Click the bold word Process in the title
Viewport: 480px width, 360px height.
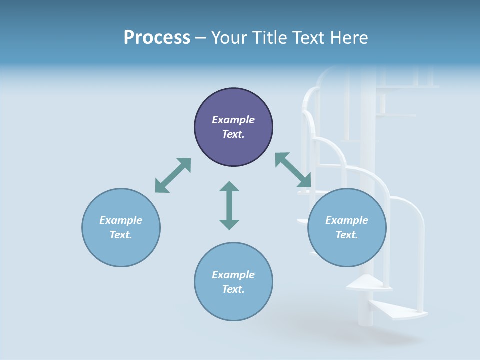tap(157, 38)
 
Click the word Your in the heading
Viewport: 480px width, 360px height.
tap(229, 38)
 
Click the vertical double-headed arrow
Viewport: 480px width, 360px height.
tap(229, 205)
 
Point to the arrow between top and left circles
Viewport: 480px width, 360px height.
tap(173, 175)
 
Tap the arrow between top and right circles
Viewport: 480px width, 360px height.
tap(293, 170)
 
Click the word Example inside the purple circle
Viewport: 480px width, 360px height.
tap(233, 120)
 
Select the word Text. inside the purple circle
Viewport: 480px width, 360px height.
tap(233, 134)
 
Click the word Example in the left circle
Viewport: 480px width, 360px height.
tap(121, 220)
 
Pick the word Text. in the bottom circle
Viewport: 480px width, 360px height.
tap(233, 289)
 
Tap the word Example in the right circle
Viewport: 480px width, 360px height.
tap(347, 220)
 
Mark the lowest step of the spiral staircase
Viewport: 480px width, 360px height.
tap(400, 311)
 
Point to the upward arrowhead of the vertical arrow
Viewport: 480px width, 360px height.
tap(229, 187)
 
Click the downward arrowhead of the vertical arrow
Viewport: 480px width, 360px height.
tap(229, 224)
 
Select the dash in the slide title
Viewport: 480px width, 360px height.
tap(200, 38)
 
